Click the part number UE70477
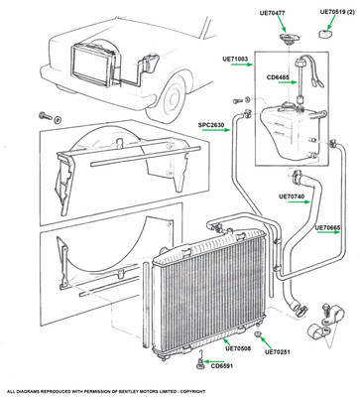coord(272,13)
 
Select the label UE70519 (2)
coord(336,12)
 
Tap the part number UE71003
coord(235,59)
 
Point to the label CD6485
coord(278,77)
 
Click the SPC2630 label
coord(211,125)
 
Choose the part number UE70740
coord(292,196)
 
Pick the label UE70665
coord(327,227)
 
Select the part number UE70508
coord(238,348)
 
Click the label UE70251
coord(278,351)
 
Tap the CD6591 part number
coord(222,366)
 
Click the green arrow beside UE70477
coord(281,24)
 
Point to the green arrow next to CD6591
coord(213,361)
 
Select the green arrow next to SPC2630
coord(216,130)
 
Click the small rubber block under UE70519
coord(324,34)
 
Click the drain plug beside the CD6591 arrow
coord(199,364)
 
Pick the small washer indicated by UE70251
coord(258,333)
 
